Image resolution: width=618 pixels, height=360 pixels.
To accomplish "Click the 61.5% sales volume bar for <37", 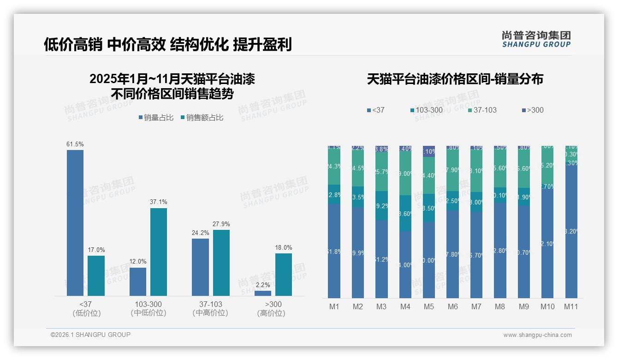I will pyautogui.click(x=75, y=222).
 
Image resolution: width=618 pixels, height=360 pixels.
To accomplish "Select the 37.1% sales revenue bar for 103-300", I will pyautogui.click(x=159, y=252).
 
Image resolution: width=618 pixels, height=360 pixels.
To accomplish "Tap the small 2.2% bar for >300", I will pyautogui.click(x=263, y=293).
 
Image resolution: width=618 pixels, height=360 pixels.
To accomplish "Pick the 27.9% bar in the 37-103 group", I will pyautogui.click(x=221, y=263).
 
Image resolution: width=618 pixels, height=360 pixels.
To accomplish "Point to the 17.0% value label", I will pyautogui.click(x=96, y=250).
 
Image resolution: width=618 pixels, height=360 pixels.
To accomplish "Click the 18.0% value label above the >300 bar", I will pyautogui.click(x=284, y=247).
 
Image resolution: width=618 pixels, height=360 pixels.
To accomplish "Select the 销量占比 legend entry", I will pyautogui.click(x=156, y=118).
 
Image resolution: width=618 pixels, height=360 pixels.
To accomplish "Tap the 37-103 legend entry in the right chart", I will pyautogui.click(x=482, y=110).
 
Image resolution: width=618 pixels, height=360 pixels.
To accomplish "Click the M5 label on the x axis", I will pyautogui.click(x=429, y=306).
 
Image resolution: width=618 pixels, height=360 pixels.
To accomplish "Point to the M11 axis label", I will pyautogui.click(x=571, y=306).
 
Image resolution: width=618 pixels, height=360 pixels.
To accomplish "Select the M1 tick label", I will pyautogui.click(x=334, y=306).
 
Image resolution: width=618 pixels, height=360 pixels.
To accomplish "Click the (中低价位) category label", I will pyautogui.click(x=149, y=313).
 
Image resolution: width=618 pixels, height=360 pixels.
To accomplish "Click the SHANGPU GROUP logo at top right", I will pyautogui.click(x=536, y=39).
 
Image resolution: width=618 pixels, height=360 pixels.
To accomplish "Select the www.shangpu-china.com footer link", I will pyautogui.click(x=537, y=335).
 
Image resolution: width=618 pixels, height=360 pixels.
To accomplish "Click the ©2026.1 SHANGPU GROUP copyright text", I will pyautogui.click(x=90, y=335).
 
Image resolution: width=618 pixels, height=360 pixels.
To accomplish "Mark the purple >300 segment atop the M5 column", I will pyautogui.click(x=429, y=151).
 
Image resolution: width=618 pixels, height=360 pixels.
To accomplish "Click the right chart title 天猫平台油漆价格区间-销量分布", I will pyautogui.click(x=455, y=79).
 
